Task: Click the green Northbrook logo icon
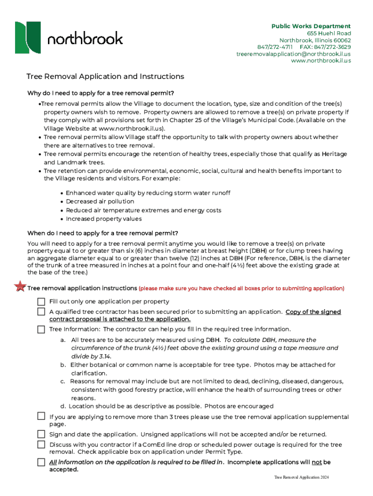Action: [x=28, y=37]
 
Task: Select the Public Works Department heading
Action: [x=311, y=26]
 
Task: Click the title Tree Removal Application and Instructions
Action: [x=105, y=77]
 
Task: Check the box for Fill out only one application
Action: [x=42, y=301]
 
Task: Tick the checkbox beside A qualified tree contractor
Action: [x=42, y=311]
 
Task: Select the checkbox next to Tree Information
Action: [x=42, y=329]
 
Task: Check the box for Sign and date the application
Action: [x=42, y=434]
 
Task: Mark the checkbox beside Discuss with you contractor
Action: [x=42, y=444]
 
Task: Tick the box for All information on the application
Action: [x=42, y=462]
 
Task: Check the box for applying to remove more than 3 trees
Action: [x=42, y=416]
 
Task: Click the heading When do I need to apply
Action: [x=103, y=232]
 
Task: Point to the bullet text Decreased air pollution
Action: [x=100, y=201]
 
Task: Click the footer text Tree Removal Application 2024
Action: [x=301, y=478]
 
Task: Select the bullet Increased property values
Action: [x=104, y=219]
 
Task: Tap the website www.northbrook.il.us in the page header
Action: [x=321, y=61]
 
